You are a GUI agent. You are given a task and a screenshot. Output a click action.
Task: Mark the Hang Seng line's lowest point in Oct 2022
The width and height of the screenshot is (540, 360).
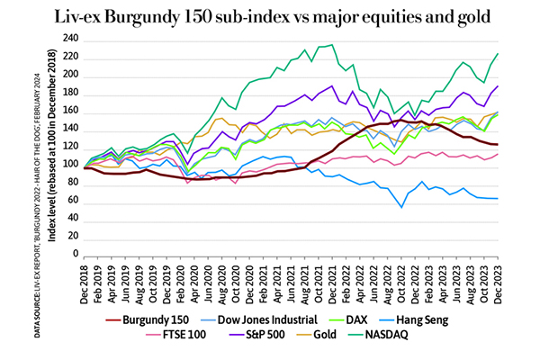400,208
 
